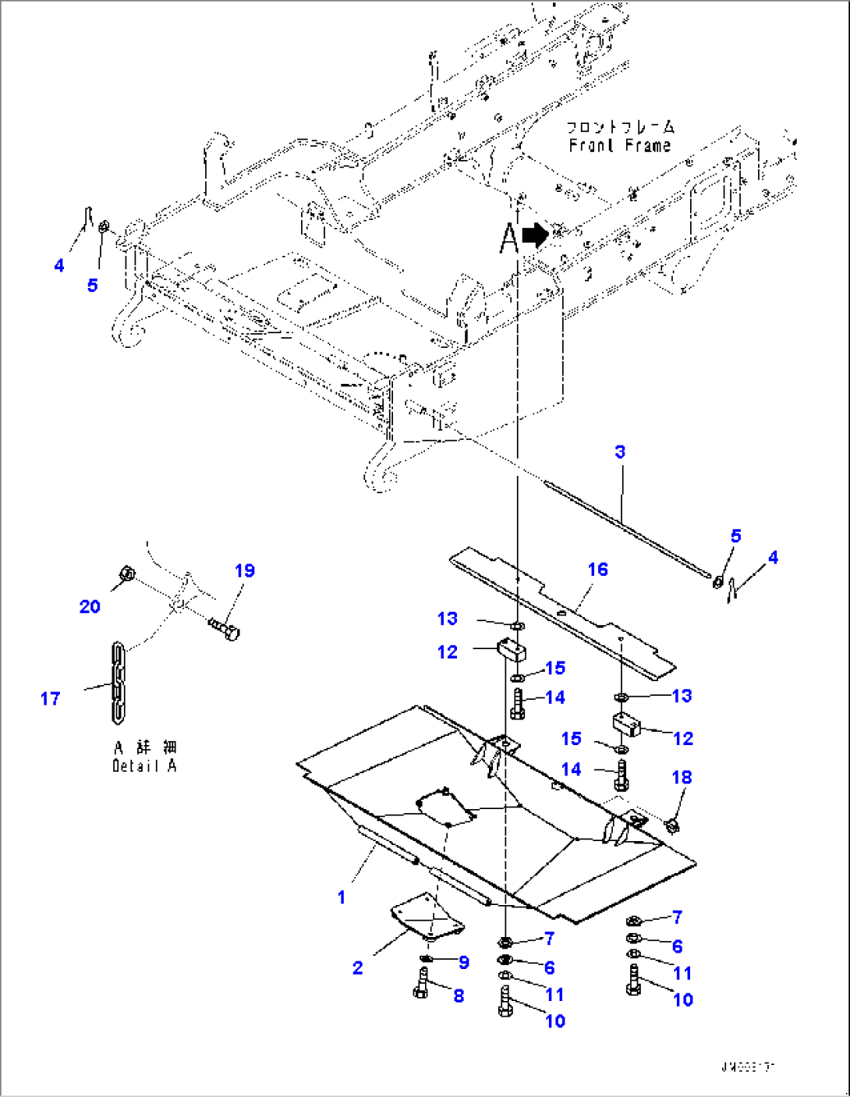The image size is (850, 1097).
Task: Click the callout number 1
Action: [x=341, y=897]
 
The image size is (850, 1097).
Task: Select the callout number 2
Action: [x=357, y=967]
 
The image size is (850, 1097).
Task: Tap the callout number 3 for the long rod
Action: [x=620, y=452]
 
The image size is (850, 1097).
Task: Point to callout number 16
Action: [x=597, y=570]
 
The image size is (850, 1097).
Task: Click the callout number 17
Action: [x=50, y=698]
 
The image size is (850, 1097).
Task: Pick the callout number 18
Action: [x=682, y=777]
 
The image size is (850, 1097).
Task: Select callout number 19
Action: [x=245, y=570]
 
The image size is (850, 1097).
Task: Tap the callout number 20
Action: [x=90, y=606]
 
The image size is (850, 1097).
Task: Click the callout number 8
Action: [x=459, y=996]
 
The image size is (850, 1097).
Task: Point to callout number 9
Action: [x=464, y=962]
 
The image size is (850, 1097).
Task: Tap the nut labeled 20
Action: [x=129, y=576]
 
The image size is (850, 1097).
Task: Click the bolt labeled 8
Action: [x=422, y=982]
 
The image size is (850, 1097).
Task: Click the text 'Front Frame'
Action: [x=620, y=145]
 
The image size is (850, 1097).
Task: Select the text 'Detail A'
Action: [x=144, y=765]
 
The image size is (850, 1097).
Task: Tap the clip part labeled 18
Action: [x=671, y=824]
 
